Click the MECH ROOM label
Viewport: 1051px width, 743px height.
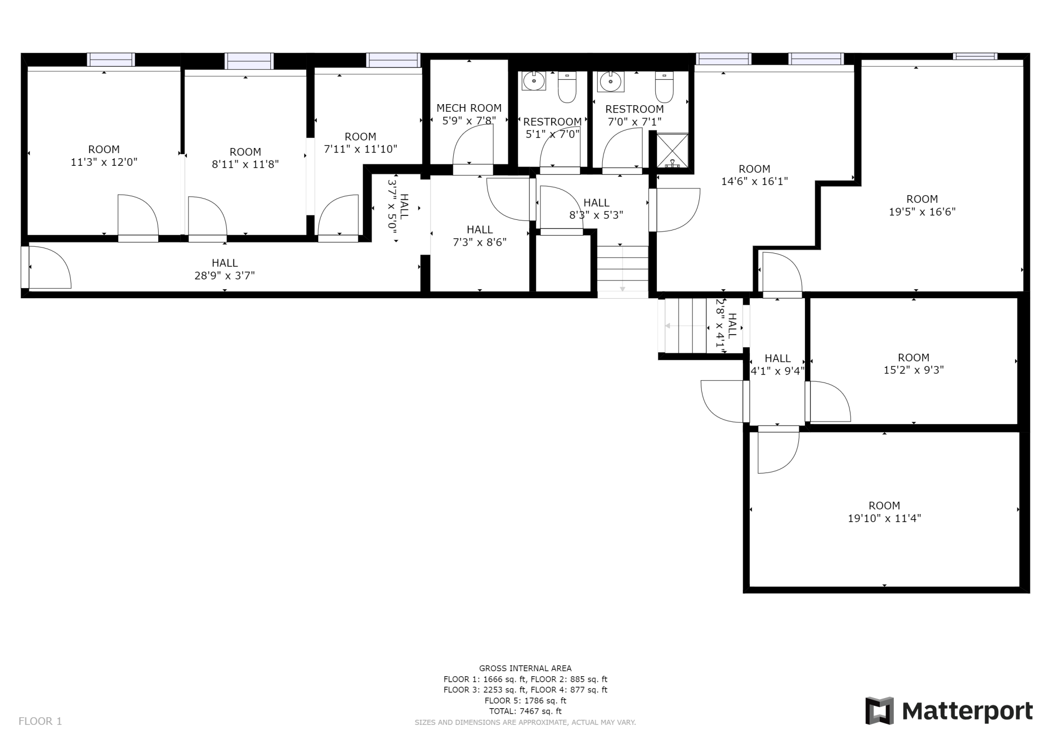coord(469,108)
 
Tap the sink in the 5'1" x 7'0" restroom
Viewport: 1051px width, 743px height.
coord(534,81)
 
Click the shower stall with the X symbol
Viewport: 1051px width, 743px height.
coord(672,150)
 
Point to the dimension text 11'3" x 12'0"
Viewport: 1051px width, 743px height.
coord(104,162)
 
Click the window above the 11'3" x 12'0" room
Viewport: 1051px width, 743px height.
coord(111,60)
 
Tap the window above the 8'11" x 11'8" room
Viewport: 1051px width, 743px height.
coord(249,61)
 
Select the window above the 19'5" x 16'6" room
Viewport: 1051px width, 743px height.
coord(975,56)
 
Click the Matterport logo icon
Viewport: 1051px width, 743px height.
coord(879,711)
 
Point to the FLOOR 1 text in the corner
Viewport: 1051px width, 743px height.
coord(40,721)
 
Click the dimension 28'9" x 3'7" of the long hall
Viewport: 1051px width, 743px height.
coord(225,275)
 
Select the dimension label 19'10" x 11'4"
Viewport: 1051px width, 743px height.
coord(884,518)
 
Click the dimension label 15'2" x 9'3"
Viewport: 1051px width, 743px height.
coord(914,370)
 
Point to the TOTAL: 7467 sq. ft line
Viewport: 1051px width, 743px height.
coord(525,711)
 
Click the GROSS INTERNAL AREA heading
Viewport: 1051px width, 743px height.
coord(525,668)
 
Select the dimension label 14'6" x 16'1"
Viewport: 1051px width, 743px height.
coord(754,181)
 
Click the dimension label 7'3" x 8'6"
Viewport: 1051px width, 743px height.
coord(480,242)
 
